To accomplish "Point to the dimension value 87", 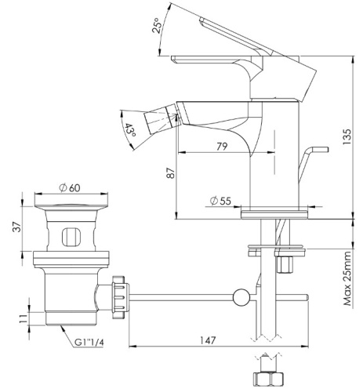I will click(172, 175).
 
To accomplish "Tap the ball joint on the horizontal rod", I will click(242, 296).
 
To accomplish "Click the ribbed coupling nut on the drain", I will click(120, 296).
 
